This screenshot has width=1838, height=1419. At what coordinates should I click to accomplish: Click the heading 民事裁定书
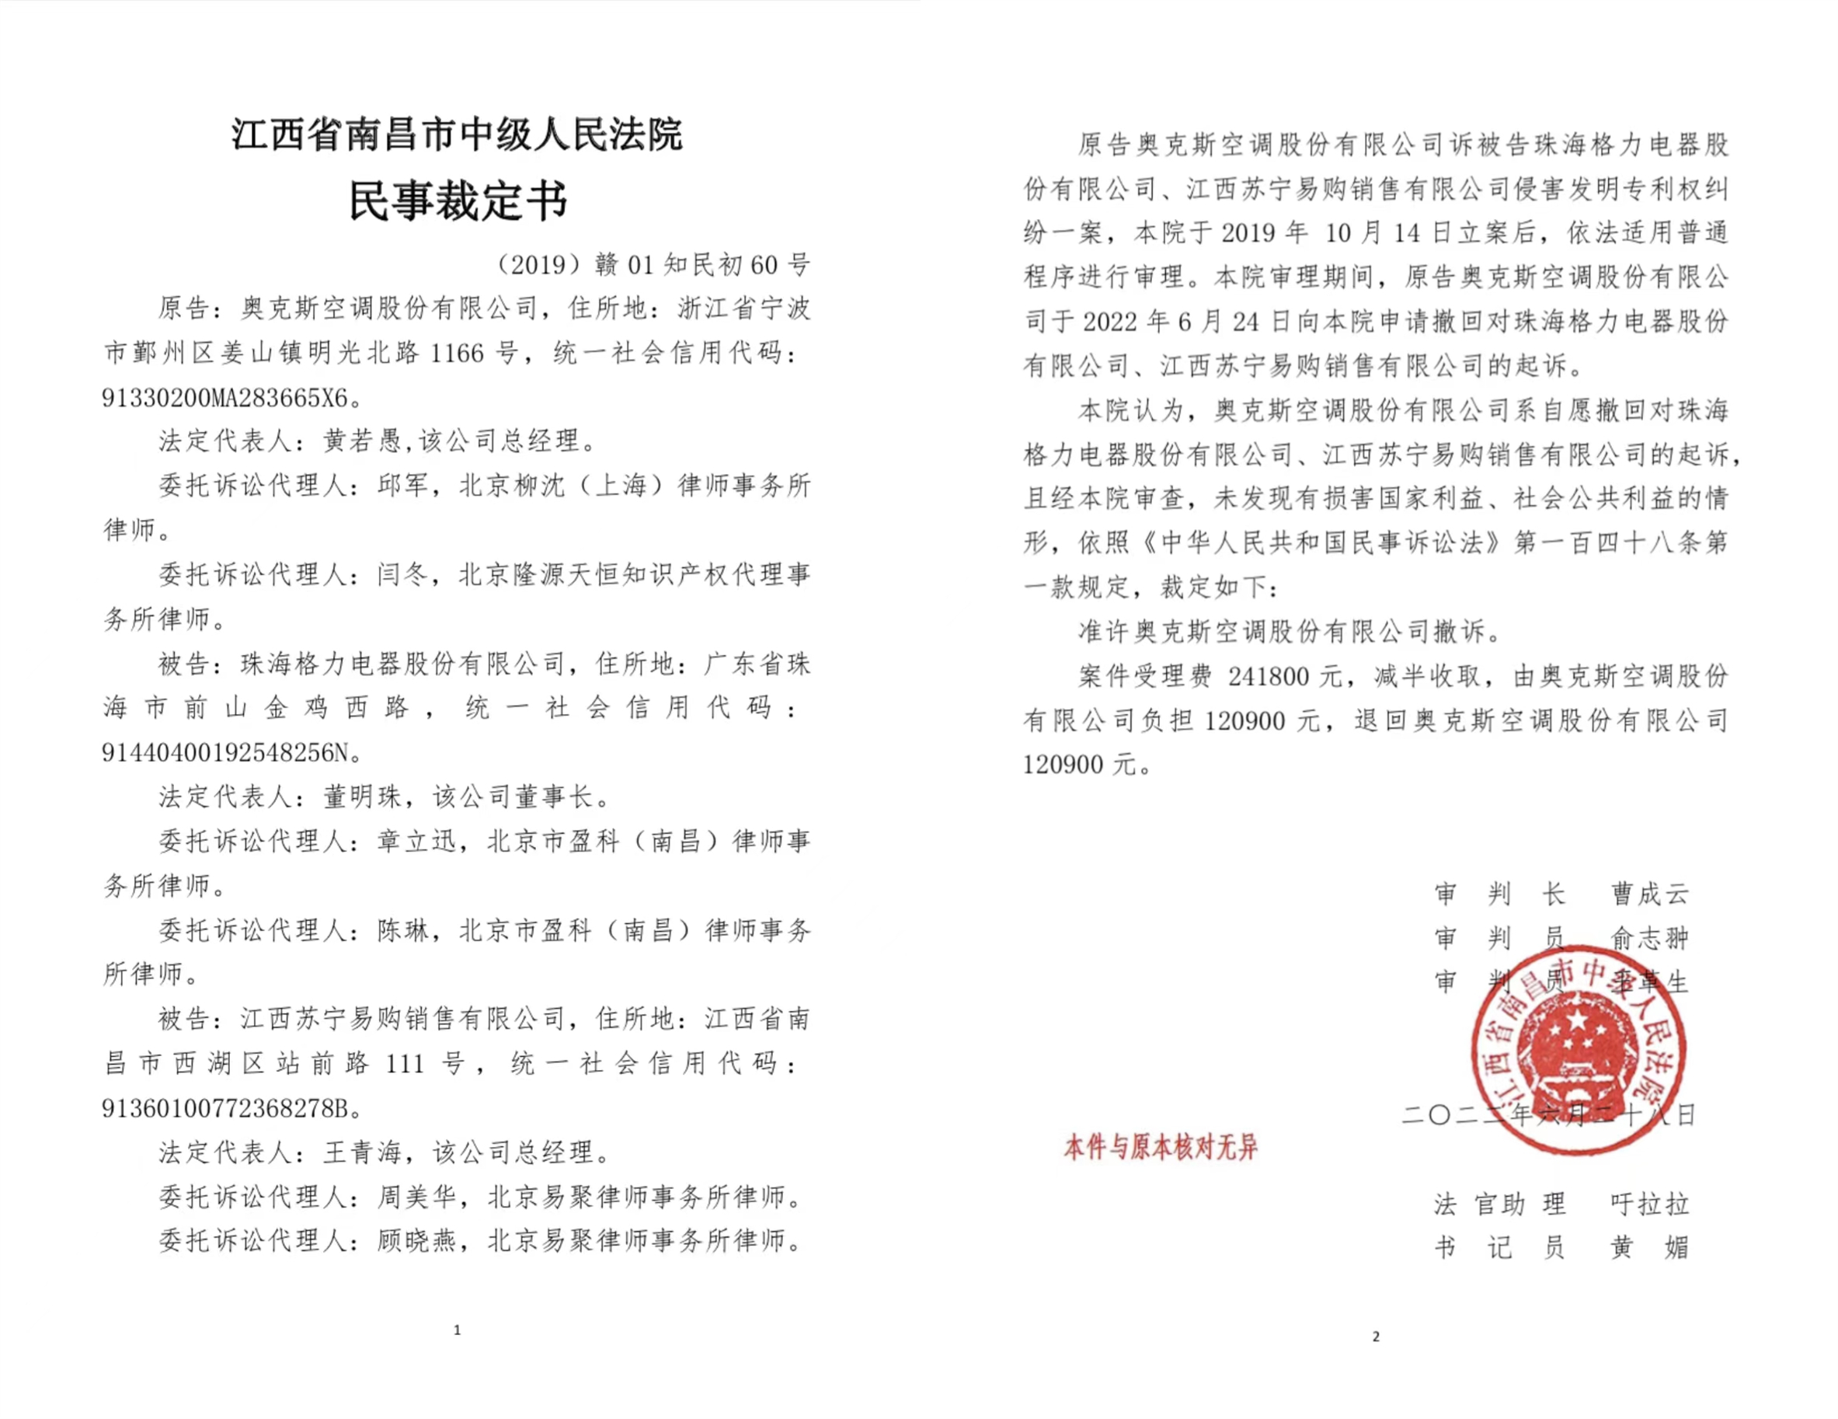click(458, 200)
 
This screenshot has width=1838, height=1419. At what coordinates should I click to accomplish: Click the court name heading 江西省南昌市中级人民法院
click(457, 134)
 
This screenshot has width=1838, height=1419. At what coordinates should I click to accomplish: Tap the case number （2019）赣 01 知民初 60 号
click(654, 265)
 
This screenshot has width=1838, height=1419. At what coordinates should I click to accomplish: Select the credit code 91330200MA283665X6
click(225, 397)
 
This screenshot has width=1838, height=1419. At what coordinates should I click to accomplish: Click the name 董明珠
click(363, 797)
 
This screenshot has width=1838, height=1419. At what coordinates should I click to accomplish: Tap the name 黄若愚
click(363, 441)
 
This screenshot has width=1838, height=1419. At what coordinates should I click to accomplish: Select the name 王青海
click(363, 1152)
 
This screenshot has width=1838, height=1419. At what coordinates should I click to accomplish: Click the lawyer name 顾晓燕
click(416, 1240)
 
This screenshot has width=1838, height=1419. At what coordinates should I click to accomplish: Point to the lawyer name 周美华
click(416, 1196)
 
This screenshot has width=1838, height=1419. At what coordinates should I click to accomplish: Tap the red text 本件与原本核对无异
click(1161, 1147)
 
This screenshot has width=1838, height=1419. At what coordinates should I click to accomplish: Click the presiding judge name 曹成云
click(1649, 894)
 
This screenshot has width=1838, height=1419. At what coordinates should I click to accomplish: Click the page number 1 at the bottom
click(457, 1330)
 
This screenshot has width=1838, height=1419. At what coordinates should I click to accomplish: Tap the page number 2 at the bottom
click(1376, 1337)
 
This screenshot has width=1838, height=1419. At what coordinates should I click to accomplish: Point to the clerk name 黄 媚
click(1649, 1247)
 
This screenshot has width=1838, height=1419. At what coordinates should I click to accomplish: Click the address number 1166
click(457, 354)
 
